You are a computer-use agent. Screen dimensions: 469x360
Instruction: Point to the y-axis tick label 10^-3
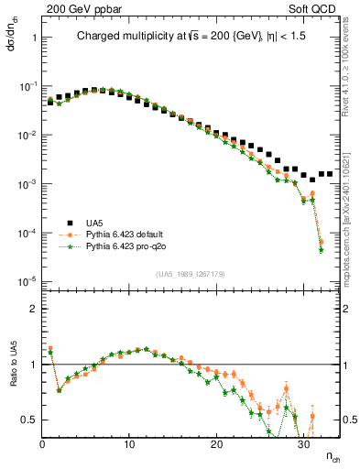27,184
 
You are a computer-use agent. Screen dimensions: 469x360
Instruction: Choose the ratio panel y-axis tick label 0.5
28,420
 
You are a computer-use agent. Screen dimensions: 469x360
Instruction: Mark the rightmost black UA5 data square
329,173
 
